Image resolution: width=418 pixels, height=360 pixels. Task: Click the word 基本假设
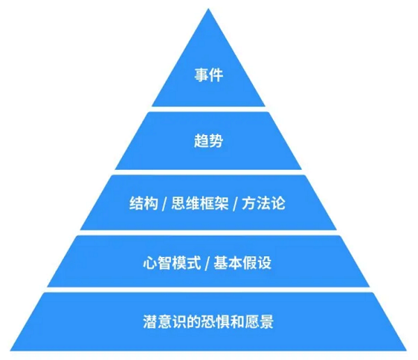coord(247,263)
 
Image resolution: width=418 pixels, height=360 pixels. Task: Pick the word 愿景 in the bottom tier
coord(258,322)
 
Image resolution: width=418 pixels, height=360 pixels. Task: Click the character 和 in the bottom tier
coord(233,322)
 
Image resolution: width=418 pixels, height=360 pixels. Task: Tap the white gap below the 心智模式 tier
coord(208,290)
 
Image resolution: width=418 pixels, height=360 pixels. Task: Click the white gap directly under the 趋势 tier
coord(208,172)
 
